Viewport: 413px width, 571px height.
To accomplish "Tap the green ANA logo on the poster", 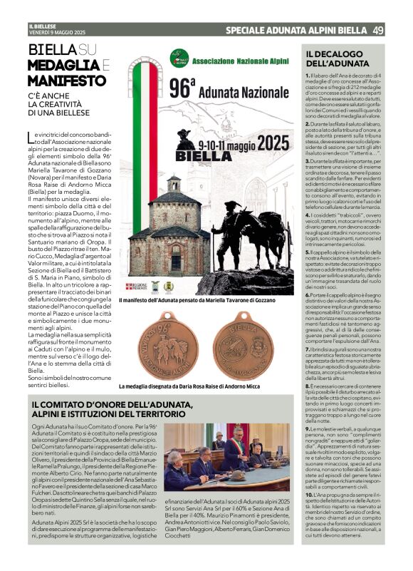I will pos(179,58).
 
